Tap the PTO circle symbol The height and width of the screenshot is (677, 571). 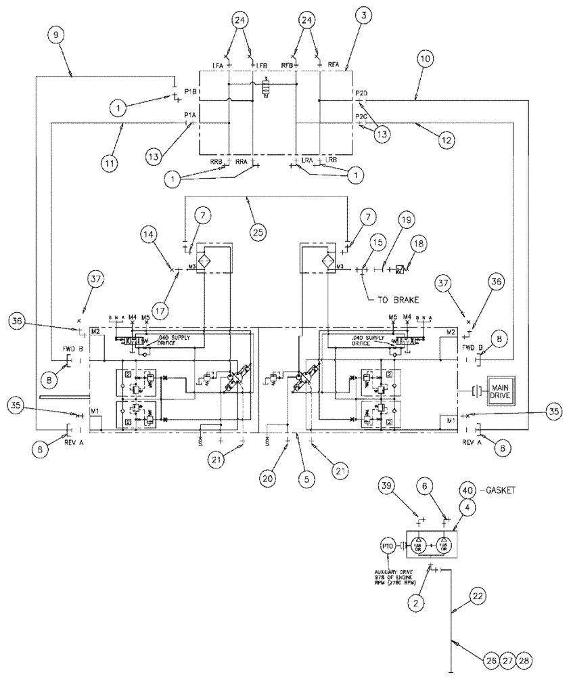coord(387,544)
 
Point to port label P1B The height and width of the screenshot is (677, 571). coord(189,91)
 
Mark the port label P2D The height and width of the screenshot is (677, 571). coord(361,92)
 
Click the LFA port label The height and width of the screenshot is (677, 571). coord(218,65)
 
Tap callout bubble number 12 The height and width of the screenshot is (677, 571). coord(444,139)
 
